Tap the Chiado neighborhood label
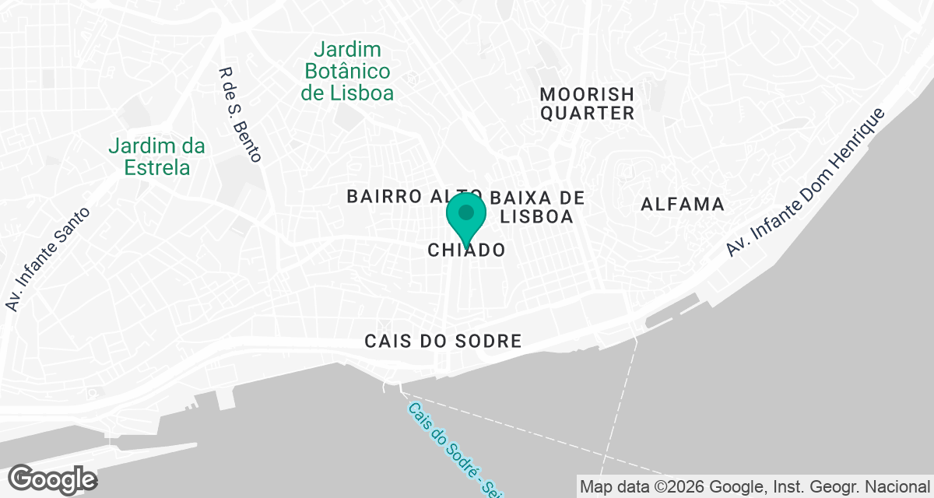tap(466, 250)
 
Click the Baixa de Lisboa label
tap(537, 206)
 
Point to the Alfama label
tap(683, 205)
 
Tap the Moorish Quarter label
tap(588, 103)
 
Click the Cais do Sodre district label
tap(442, 342)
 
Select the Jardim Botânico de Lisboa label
tap(347, 72)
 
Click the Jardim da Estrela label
tap(156, 156)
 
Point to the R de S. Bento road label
tap(240, 114)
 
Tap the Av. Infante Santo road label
tap(47, 259)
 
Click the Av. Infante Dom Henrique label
tap(806, 182)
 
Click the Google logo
tap(52, 479)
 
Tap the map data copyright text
tap(754, 487)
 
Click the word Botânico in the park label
tap(347, 72)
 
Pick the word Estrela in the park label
tap(156, 167)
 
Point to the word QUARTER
tap(588, 114)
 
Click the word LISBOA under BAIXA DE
tap(537, 216)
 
